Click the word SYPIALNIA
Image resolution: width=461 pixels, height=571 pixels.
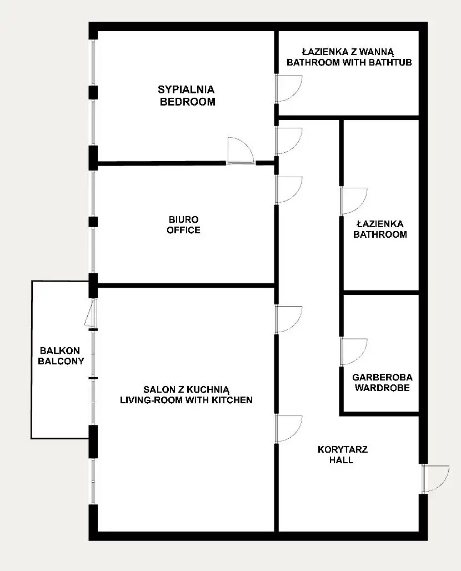click(186, 89)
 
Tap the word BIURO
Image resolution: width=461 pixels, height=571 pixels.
click(183, 219)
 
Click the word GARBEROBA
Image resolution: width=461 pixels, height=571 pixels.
click(382, 377)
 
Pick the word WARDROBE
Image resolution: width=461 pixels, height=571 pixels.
click(382, 388)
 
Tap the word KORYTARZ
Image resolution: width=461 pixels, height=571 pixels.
click(343, 449)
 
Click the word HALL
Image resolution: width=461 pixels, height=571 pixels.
click(341, 460)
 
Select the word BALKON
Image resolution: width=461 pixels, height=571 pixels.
click(60, 350)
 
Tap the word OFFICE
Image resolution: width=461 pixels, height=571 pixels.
click(183, 230)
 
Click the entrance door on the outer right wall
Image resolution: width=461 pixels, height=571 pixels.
click(435, 479)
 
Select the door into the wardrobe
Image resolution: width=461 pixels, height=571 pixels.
click(354, 352)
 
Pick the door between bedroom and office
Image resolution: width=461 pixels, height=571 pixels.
click(240, 151)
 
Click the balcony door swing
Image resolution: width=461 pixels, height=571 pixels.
click(91, 313)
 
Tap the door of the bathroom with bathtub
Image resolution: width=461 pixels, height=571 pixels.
click(289, 89)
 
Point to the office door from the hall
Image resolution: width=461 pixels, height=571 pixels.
click(289, 190)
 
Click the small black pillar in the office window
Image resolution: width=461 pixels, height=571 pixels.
click(93, 222)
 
